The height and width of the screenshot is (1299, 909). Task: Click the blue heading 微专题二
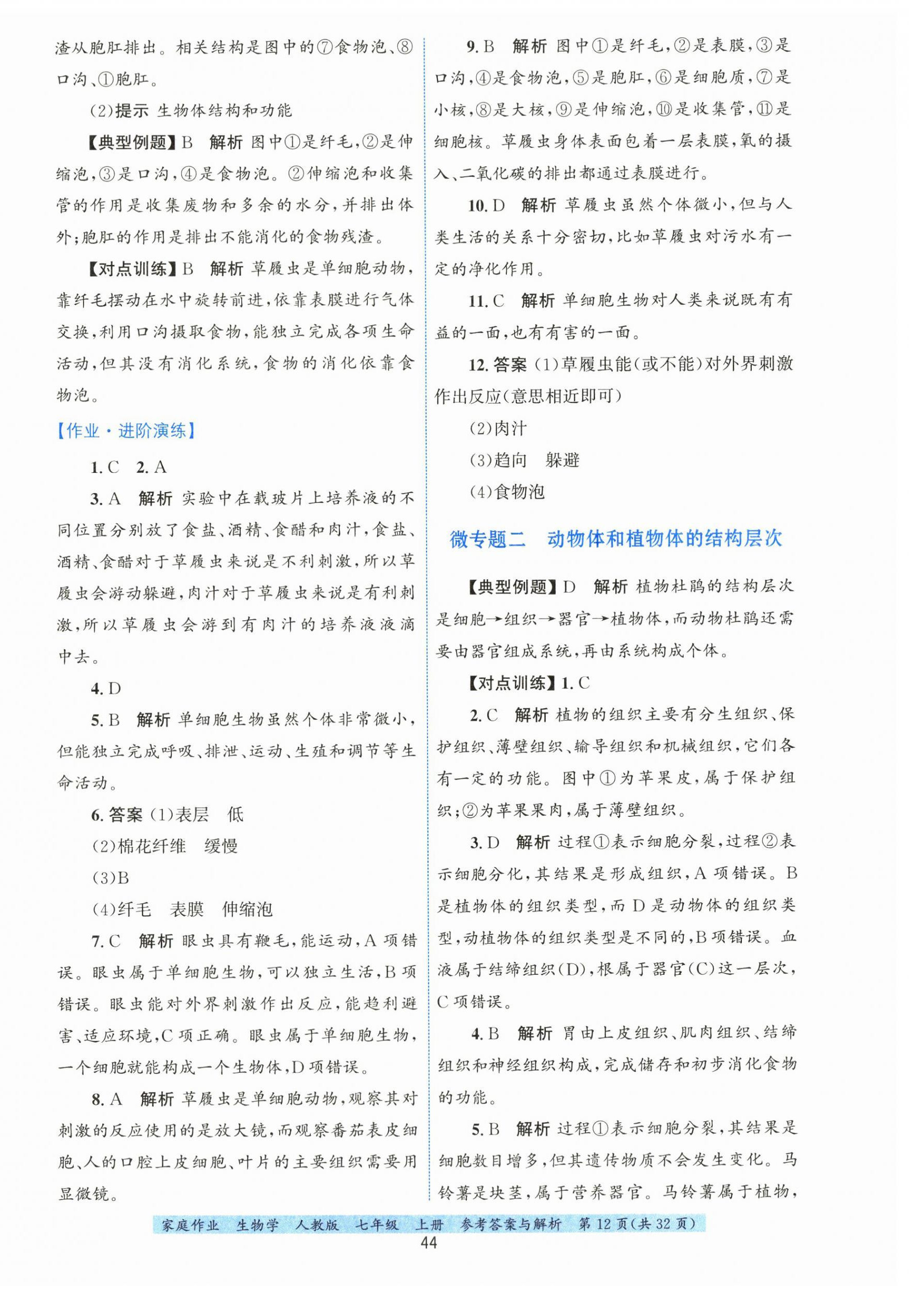pyautogui.click(x=487, y=539)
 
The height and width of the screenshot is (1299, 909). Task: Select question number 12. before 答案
pyautogui.click(x=478, y=365)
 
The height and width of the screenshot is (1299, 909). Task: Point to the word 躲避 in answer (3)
pyautogui.click(x=562, y=460)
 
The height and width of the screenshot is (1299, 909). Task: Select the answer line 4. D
pyautogui.click(x=106, y=689)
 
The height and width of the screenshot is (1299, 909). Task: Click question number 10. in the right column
pyautogui.click(x=478, y=205)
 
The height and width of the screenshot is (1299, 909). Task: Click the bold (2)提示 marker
pyautogui.click(x=119, y=110)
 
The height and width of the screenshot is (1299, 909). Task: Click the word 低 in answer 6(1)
pyautogui.click(x=235, y=815)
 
